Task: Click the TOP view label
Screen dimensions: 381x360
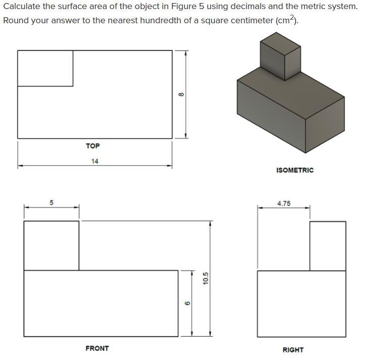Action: coord(92,146)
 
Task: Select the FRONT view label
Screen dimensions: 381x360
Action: coord(97,348)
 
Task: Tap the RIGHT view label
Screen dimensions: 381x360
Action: coord(293,350)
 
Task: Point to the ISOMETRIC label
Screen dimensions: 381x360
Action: coord(295,170)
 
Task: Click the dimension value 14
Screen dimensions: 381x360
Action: coord(95,161)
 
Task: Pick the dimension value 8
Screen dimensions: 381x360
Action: coord(181,94)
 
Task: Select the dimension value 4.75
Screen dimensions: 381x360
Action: coord(284,203)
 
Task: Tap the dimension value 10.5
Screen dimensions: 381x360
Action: coord(206,278)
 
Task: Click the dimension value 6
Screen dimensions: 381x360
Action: coord(187,303)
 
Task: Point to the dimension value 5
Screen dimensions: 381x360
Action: coord(52,202)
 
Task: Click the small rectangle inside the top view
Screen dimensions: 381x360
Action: coord(45,68)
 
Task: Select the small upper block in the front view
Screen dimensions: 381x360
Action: coord(52,245)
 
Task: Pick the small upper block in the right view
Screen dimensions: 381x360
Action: coord(328,246)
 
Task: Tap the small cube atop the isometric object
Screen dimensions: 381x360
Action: coord(280,57)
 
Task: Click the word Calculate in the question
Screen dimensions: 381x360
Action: coord(22,7)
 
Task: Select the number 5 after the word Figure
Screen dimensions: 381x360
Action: coord(202,7)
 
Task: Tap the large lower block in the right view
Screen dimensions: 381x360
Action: coord(302,303)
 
